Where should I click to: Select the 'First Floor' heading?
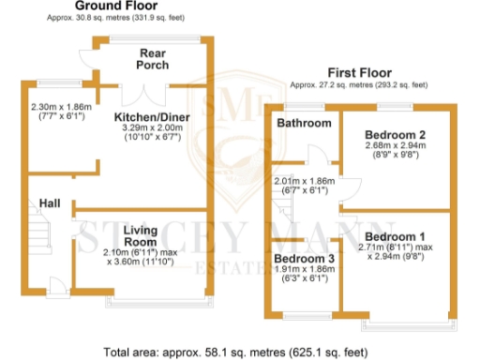point(360,72)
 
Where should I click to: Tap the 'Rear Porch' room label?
point(154,59)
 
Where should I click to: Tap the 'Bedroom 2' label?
point(395,134)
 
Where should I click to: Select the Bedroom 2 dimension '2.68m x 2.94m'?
point(395,146)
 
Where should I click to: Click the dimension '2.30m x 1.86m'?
point(62,108)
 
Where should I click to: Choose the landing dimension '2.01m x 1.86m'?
point(304,180)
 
